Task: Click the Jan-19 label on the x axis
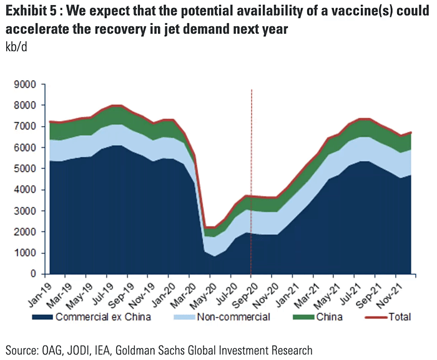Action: pyautogui.click(x=39, y=290)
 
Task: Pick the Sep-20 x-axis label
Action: pyautogui.click(x=242, y=290)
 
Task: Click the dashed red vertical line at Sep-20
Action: pyautogui.click(x=251, y=156)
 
